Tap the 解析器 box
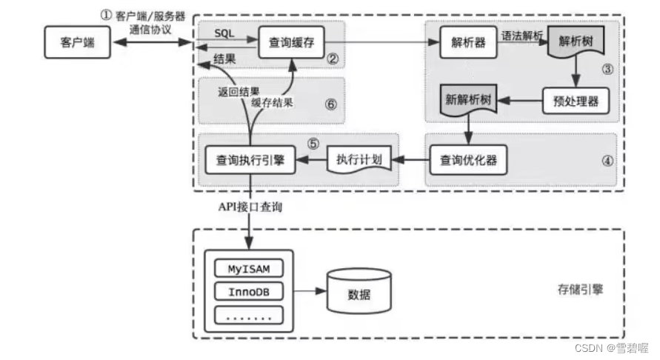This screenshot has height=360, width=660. coord(467,43)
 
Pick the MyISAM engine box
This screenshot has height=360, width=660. coord(247,267)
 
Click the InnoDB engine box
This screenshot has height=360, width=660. coord(247,291)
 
